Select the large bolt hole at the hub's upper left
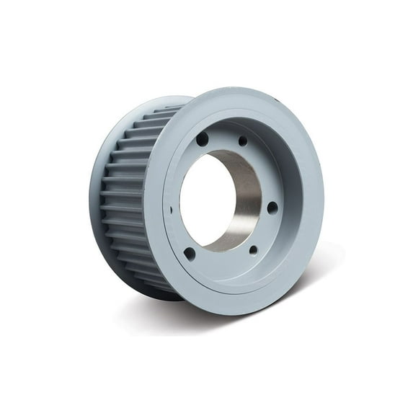[203, 138]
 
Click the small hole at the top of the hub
[243, 141]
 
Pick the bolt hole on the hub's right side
[272, 208]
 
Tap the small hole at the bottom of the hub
[253, 250]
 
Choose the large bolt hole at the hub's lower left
[190, 254]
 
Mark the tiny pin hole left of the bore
[172, 210]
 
